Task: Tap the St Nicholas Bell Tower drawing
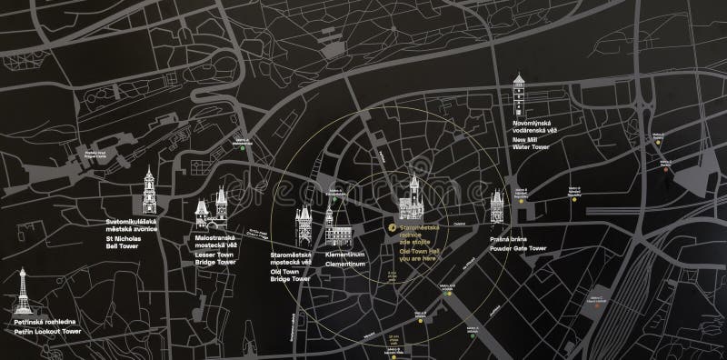(x=148, y=188)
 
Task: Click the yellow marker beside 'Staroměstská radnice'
(x=392, y=227)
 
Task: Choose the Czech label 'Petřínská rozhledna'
(x=45, y=323)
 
